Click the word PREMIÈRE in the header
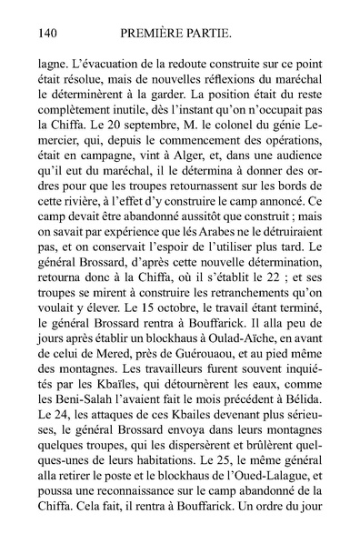(x=155, y=34)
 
